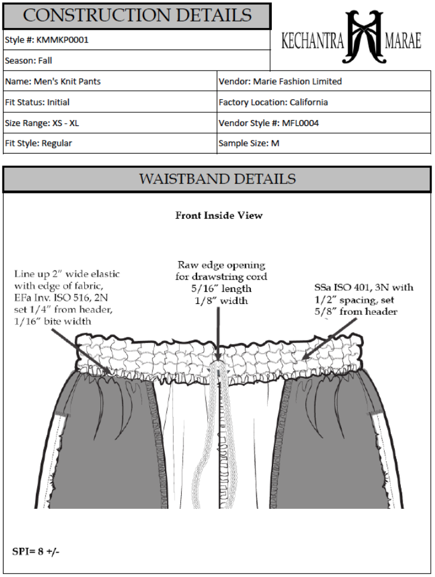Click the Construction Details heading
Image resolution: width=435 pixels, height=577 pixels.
coord(137,15)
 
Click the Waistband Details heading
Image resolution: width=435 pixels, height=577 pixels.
coord(217,179)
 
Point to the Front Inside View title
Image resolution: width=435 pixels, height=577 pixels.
coord(218,215)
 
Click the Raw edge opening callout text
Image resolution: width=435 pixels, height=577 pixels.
coord(221,283)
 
